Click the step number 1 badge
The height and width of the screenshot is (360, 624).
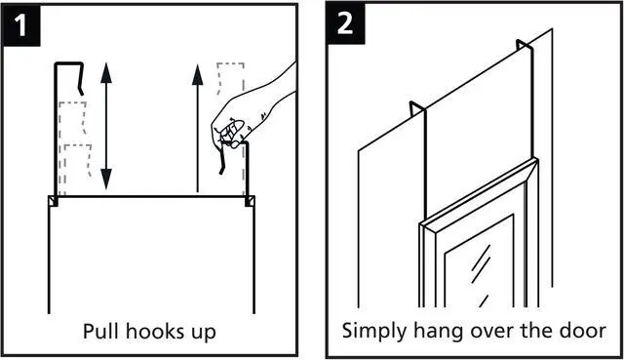tap(20, 24)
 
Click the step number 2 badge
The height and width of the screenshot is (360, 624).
tap(345, 23)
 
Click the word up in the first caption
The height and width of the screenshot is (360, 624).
tap(204, 334)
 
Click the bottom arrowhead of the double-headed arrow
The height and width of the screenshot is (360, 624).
tap(106, 180)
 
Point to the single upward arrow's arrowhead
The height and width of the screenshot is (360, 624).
tap(197, 75)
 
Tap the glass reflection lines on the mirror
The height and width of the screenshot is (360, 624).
tap(481, 274)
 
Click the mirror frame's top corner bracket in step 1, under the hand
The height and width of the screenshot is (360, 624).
tap(250, 201)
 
